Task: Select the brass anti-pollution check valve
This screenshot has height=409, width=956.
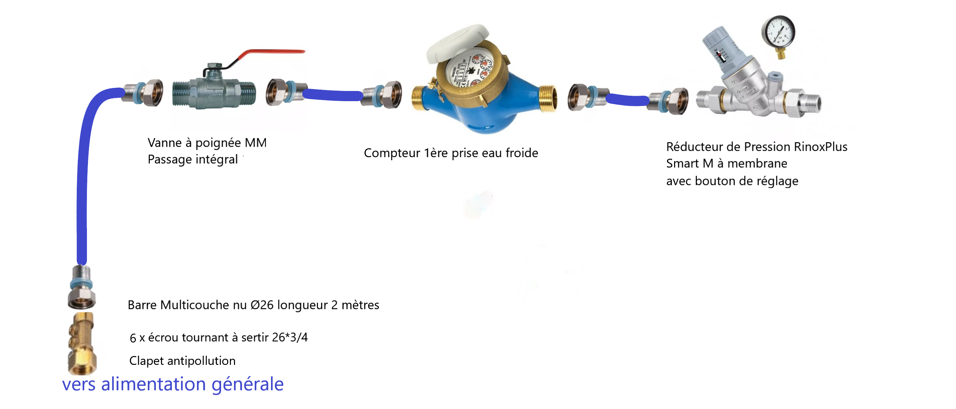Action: click(x=82, y=343)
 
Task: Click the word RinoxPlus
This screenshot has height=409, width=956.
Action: click(x=820, y=147)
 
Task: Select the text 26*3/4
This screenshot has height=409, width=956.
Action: click(x=289, y=337)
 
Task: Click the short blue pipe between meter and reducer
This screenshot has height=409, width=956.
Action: click(x=627, y=100)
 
